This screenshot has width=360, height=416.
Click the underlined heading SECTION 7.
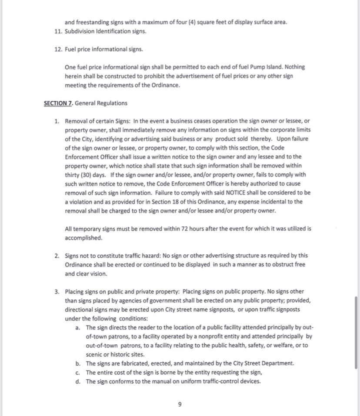tap(58, 103)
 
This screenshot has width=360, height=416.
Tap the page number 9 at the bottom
tap(180, 404)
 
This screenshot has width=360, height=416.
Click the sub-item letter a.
tap(78, 327)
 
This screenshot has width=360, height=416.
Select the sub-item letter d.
tap(78, 382)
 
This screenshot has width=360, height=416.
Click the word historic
tap(117, 354)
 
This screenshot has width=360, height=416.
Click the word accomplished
tap(83, 238)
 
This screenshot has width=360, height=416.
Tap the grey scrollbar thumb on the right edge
tap(357, 333)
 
